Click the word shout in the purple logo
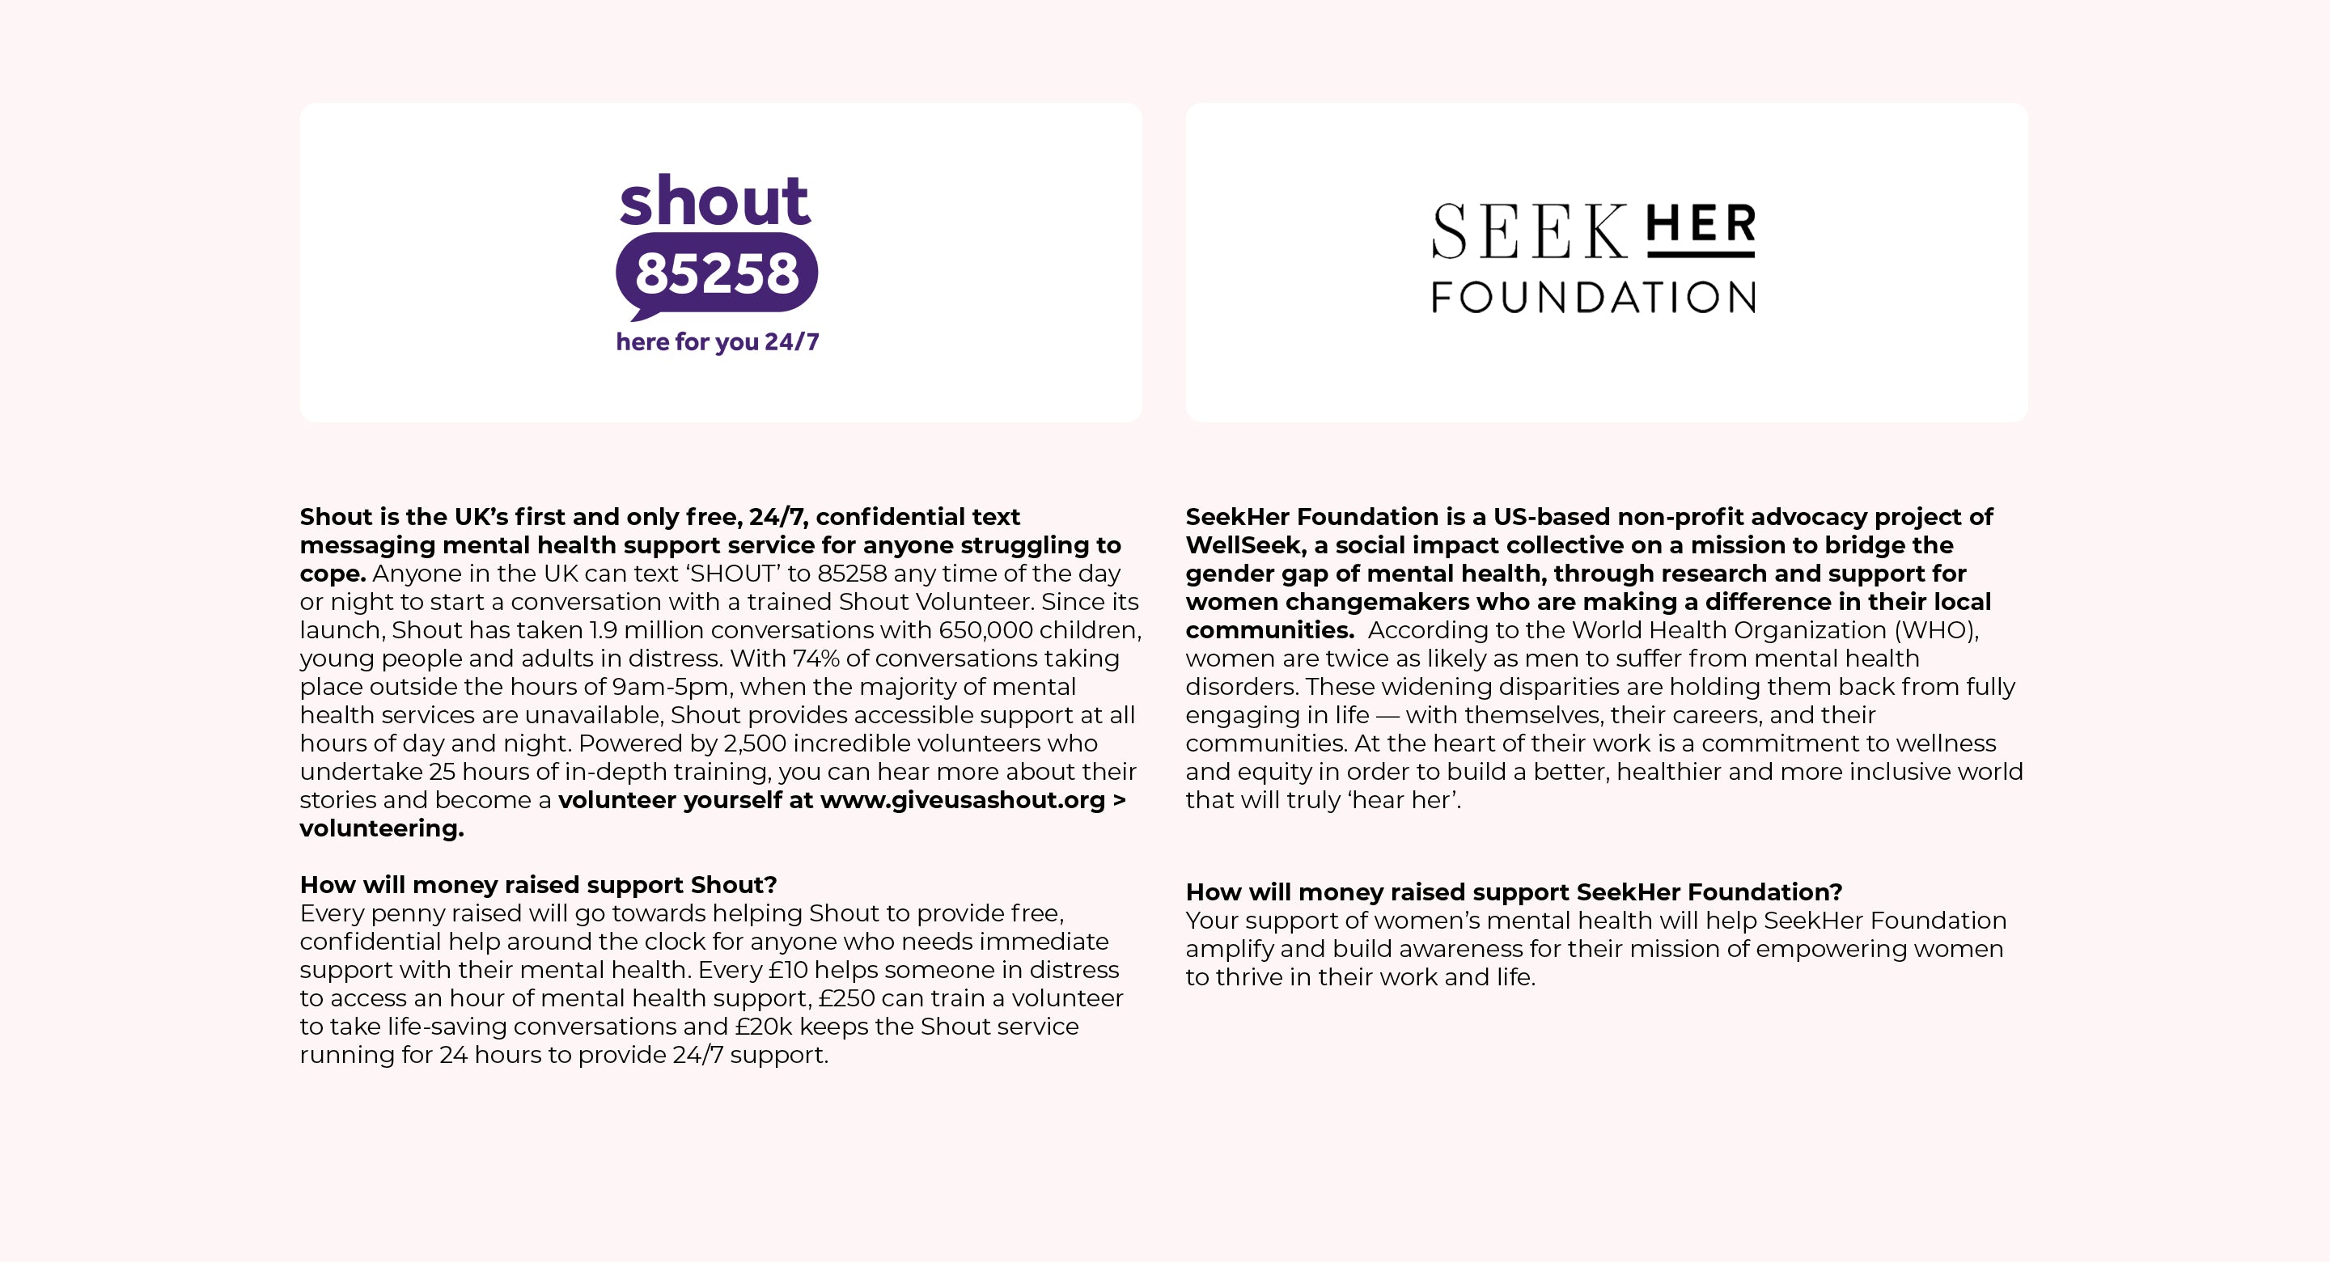pyautogui.click(x=714, y=200)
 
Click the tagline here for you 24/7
pyautogui.click(x=718, y=342)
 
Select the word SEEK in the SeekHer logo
pyautogui.click(x=1528, y=232)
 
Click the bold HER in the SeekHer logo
pyautogui.click(x=1701, y=223)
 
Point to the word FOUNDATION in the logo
pyautogui.click(x=1593, y=298)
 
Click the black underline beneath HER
pyautogui.click(x=1701, y=254)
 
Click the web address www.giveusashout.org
pyautogui.click(x=963, y=801)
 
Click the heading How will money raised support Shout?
pyautogui.click(x=538, y=885)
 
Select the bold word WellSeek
pyautogui.click(x=1243, y=545)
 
